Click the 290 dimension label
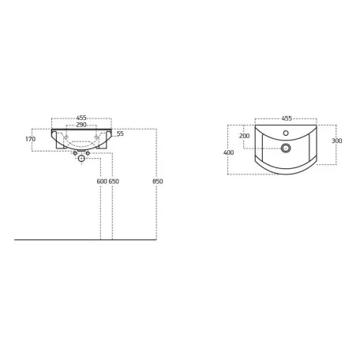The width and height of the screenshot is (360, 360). tap(81, 125)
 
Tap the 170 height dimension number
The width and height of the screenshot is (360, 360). tap(30, 139)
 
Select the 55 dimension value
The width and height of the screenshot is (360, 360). tap(120, 133)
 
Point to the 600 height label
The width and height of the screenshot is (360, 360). tap(102, 182)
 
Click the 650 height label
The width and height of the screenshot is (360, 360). tap(114, 182)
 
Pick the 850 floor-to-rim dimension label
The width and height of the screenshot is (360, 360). tap(158, 182)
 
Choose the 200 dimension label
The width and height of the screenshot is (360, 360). tap(245, 136)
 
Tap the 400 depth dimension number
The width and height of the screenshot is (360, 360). tap(228, 152)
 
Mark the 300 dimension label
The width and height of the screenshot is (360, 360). tap(337, 141)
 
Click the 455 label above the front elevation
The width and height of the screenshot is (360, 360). tap(81, 118)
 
